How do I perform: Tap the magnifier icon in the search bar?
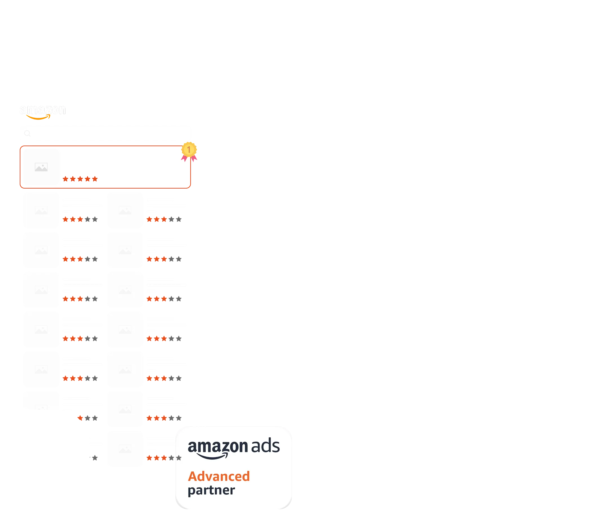(27, 133)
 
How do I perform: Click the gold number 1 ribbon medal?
(189, 149)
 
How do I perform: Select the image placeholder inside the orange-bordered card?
(41, 167)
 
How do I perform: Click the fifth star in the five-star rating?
(95, 179)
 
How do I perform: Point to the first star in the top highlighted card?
(65, 179)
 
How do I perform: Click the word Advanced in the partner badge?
(219, 476)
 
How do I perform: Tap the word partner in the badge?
(211, 491)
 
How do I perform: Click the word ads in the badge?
(265, 446)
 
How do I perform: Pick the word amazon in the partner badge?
(218, 447)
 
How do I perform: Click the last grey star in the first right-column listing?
(179, 219)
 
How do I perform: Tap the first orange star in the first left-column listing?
(65, 219)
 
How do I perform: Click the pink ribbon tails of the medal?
(189, 159)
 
